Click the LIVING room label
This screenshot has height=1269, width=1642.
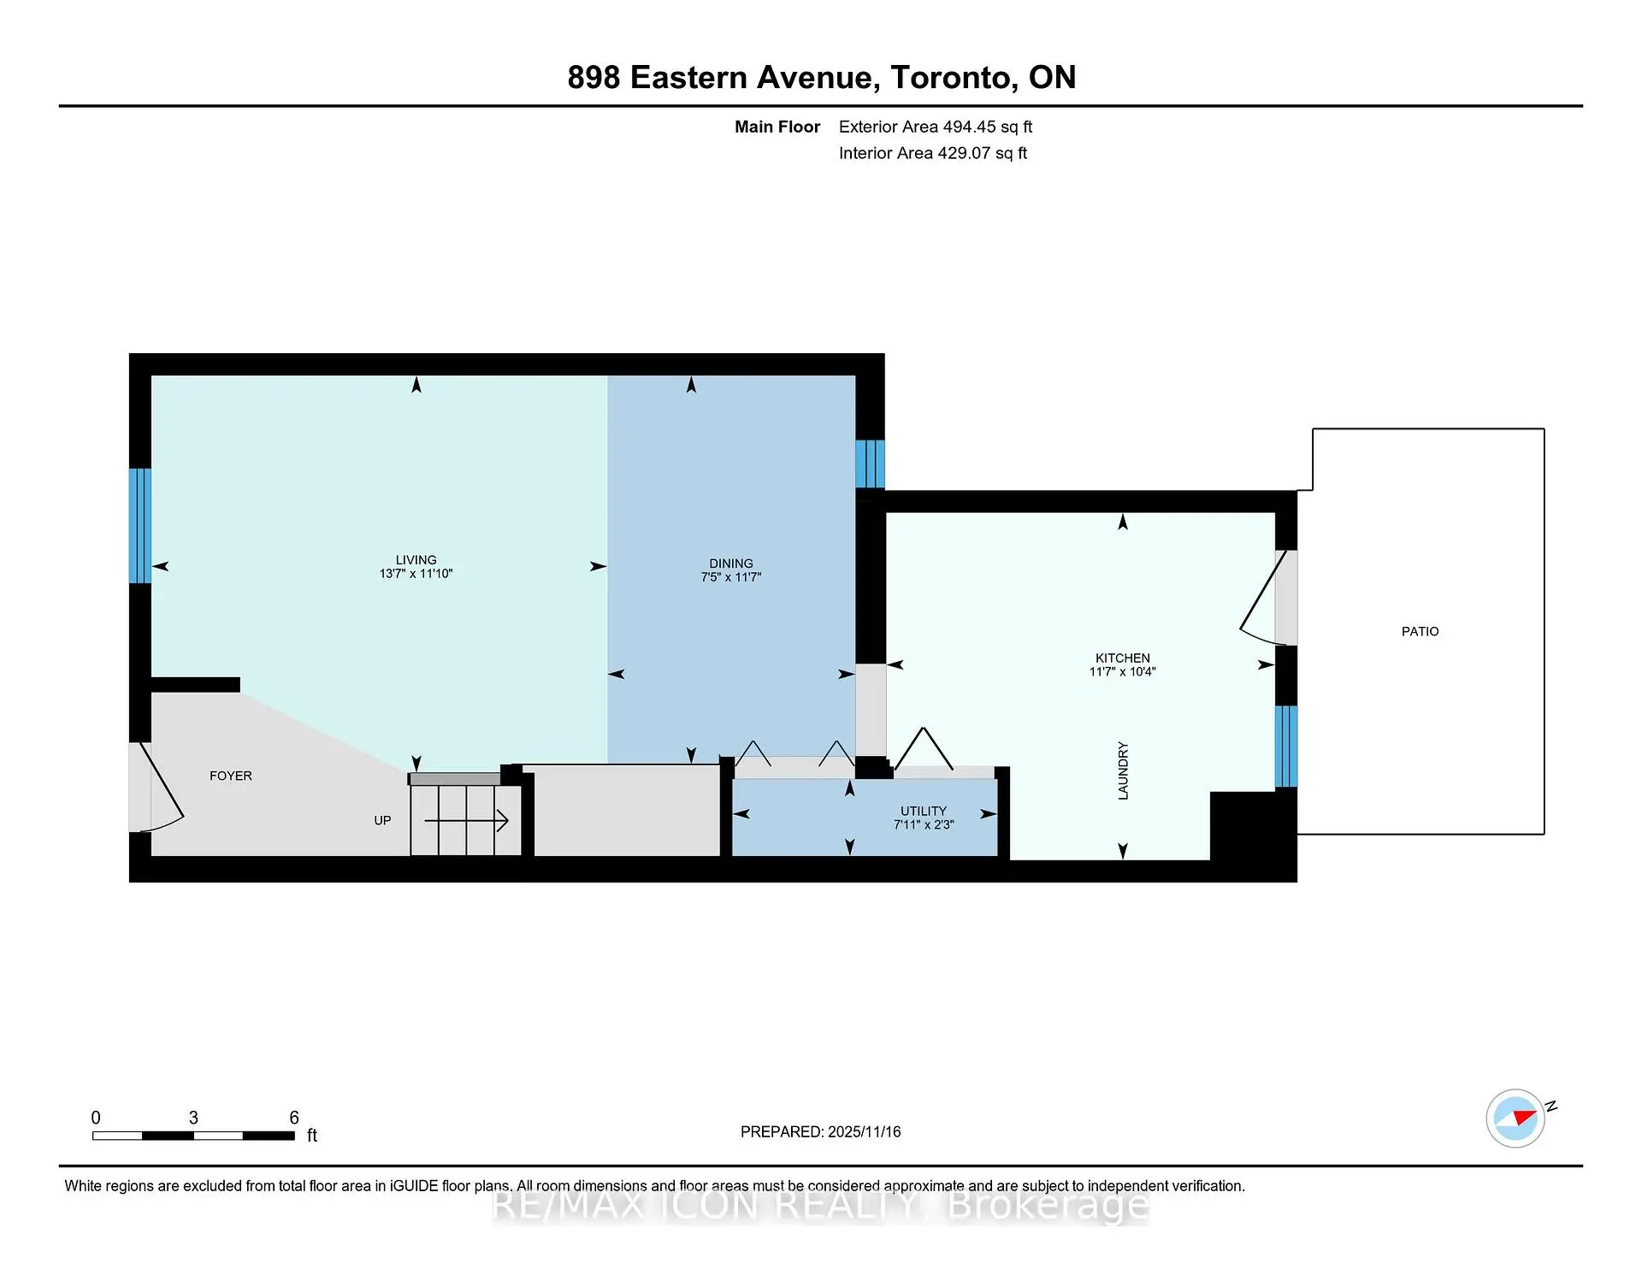416,560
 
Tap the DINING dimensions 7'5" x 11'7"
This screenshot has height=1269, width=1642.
730,577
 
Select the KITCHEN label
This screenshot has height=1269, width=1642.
1122,658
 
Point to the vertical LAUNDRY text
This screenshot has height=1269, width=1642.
1123,770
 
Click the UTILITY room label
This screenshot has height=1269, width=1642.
923,811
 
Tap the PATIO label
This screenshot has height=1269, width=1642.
1420,631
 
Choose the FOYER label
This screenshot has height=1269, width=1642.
231,776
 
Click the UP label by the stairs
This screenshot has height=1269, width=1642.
382,820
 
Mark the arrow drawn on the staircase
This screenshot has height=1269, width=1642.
467,822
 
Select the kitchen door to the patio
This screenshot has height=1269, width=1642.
1262,602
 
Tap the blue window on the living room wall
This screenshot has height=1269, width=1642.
139,525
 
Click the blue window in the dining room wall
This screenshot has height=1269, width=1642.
870,463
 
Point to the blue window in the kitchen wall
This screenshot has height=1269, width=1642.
1285,746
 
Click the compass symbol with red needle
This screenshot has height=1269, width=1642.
1515,1118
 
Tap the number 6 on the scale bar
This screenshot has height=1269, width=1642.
294,1118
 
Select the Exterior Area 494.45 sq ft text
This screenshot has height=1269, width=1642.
935,127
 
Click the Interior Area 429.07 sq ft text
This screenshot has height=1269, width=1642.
932,153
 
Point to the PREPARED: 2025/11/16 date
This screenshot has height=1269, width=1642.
820,1131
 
